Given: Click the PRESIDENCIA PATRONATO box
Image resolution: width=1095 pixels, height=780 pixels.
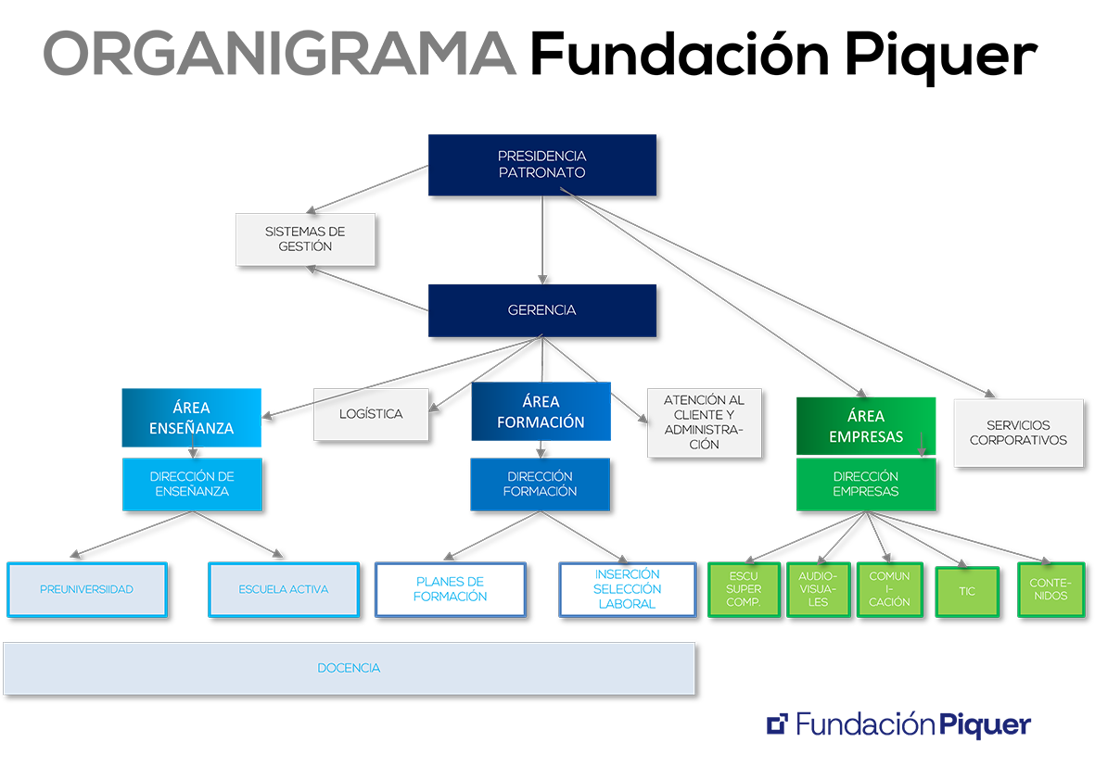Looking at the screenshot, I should (x=541, y=165).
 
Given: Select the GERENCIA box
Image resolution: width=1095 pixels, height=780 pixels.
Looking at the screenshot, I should (x=541, y=310).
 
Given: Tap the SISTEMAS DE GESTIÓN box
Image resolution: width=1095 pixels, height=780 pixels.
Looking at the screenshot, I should (x=305, y=239).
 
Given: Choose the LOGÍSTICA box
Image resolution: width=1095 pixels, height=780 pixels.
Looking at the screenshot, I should (x=371, y=414).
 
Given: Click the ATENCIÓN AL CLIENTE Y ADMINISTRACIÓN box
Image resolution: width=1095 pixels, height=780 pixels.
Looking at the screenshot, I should (x=704, y=422).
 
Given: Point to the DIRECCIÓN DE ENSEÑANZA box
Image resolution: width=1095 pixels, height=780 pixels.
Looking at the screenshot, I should (x=192, y=484).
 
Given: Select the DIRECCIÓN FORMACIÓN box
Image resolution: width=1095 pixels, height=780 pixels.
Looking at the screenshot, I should (x=540, y=484).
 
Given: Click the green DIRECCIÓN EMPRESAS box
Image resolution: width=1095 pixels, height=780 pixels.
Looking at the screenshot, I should (x=865, y=484).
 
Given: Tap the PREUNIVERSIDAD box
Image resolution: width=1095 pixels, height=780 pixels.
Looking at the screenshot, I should (x=86, y=589).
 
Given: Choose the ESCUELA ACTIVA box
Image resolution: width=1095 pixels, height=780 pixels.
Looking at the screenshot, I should (x=283, y=589).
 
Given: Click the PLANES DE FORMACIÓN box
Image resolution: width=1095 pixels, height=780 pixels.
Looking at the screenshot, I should (x=450, y=589).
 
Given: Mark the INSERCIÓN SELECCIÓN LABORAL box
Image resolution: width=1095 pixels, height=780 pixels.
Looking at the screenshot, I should (x=627, y=589).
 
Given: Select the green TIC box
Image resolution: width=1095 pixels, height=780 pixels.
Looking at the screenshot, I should (x=967, y=591).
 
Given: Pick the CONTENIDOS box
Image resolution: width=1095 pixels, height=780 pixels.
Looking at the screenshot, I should (x=1050, y=589).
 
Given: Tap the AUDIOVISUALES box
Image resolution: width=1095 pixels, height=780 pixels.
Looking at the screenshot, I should (x=818, y=589).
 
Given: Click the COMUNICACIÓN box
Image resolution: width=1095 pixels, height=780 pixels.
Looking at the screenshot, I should (x=889, y=589).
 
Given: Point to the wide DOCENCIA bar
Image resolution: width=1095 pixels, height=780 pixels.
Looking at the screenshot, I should (x=349, y=668).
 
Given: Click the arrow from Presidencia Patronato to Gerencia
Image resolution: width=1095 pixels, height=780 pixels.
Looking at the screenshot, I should (x=542, y=241).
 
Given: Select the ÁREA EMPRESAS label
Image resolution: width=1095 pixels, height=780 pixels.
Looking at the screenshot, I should (x=865, y=426).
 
